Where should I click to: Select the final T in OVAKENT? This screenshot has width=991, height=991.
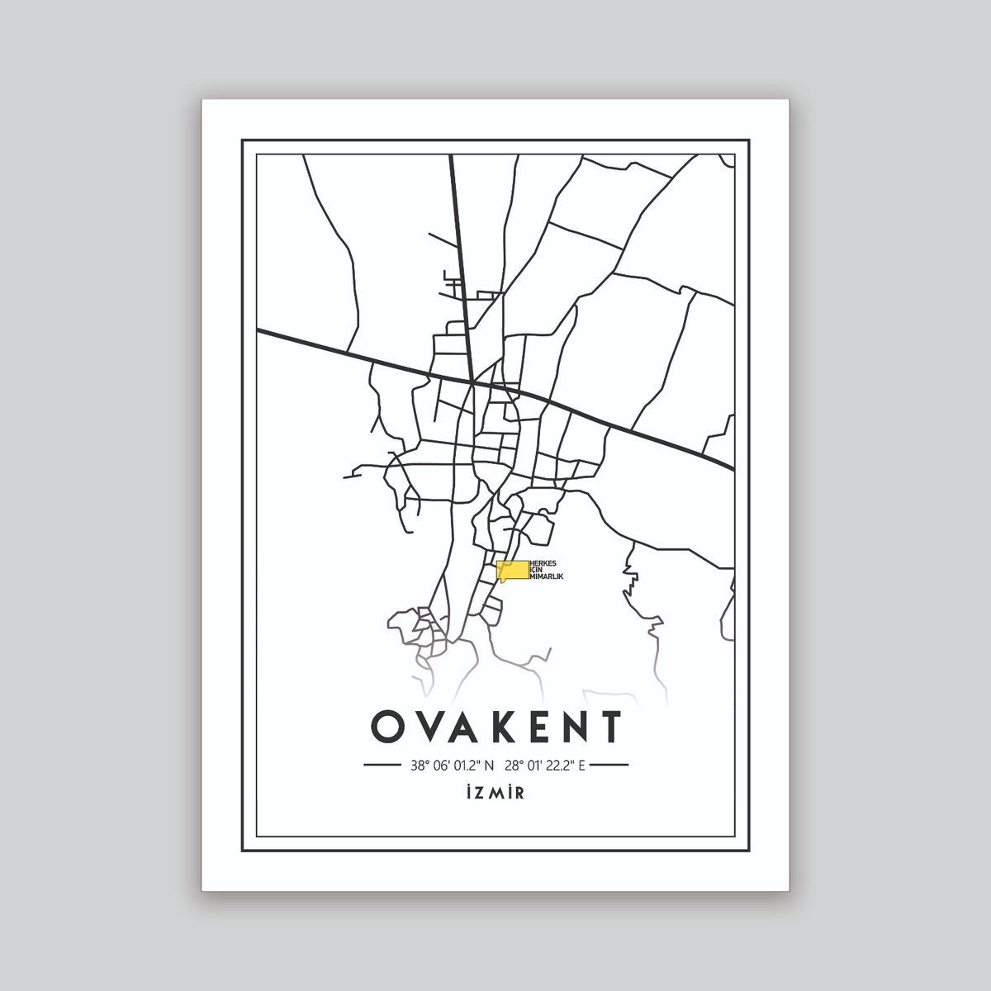[611, 727]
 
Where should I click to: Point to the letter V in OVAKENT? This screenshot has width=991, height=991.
[425, 727]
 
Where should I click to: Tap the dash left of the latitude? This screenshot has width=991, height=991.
[382, 766]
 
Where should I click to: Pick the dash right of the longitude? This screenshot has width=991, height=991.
[611, 766]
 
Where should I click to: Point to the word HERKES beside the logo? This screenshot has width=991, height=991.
[543, 561]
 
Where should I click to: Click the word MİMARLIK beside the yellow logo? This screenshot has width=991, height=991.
[546, 576]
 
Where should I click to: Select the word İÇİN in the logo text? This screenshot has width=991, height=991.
[533, 568]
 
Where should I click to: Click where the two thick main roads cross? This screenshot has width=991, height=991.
[472, 383]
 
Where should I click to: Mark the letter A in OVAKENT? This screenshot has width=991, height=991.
[462, 727]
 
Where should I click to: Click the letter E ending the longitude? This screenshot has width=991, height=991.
[581, 765]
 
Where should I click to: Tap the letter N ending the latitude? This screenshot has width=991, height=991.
[489, 765]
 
